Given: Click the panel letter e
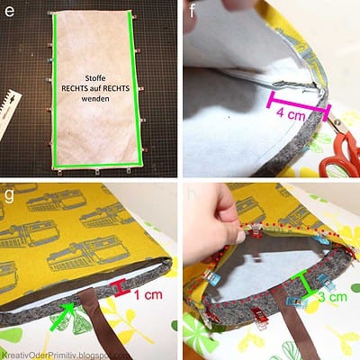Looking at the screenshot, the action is click(x=10, y=12).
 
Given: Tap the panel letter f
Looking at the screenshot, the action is click(x=192, y=11).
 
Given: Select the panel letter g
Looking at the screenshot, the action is click(x=9, y=195).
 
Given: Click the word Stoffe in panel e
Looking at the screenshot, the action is click(x=95, y=78).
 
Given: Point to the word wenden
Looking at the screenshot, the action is click(x=95, y=98).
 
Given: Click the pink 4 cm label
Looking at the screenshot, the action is click(x=291, y=114).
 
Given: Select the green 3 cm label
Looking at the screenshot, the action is click(x=332, y=297).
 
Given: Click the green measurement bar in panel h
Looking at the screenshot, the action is click(x=306, y=283).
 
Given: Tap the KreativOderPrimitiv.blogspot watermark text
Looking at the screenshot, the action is click(x=65, y=355).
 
